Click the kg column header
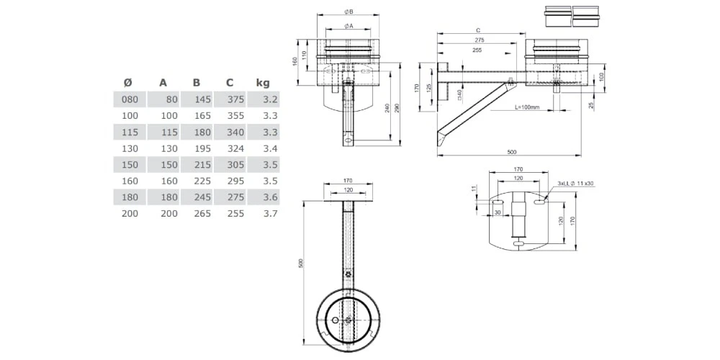click(262, 83)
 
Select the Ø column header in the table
click(127, 83)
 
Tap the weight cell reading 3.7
click(270, 213)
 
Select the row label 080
click(130, 99)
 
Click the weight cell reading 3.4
click(270, 148)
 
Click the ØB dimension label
click(348, 12)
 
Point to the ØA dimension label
click(348, 26)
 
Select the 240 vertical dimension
click(387, 108)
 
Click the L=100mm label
click(528, 107)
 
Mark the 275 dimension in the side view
click(480, 40)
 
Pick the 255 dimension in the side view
click(477, 50)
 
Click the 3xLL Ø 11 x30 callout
click(575, 184)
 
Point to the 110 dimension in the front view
click(305, 55)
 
